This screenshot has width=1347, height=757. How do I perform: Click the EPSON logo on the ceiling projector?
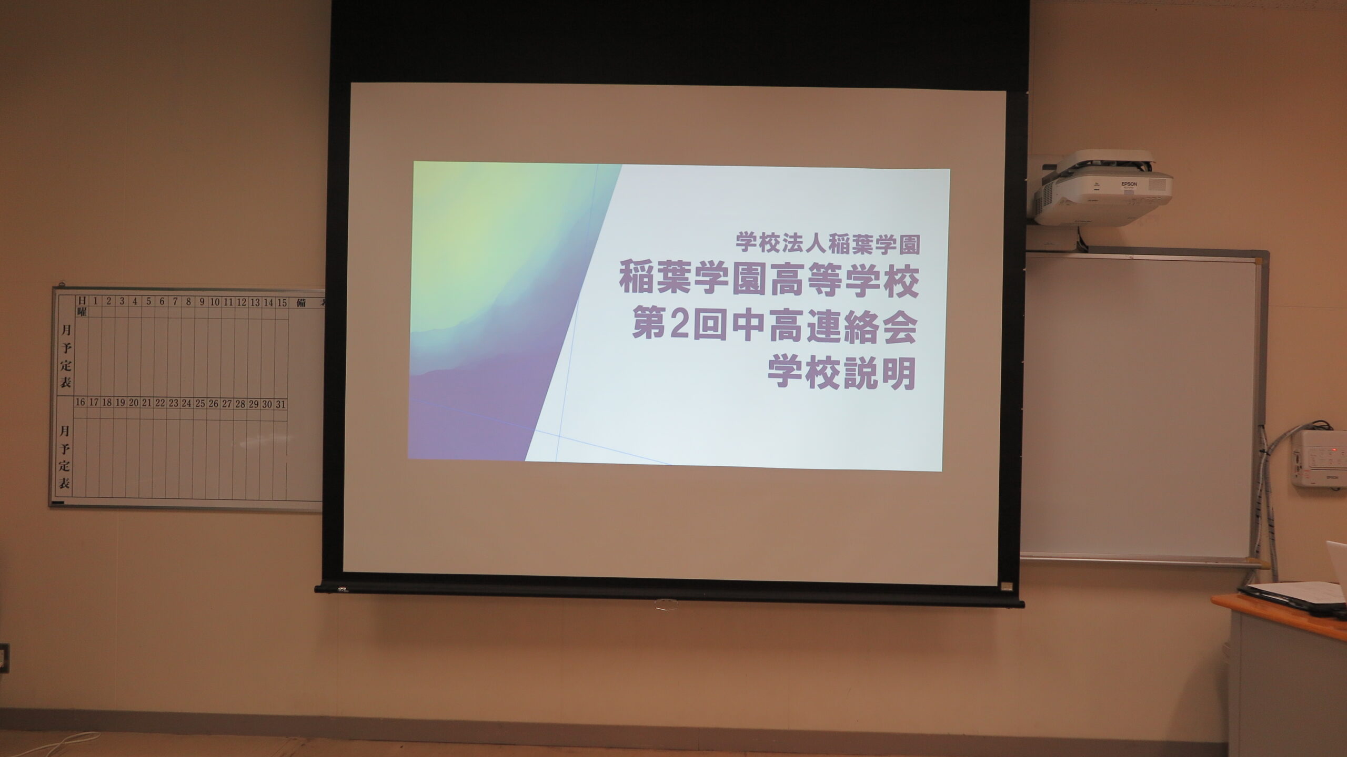click(x=1129, y=184)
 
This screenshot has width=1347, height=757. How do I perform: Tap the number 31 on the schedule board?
click(x=280, y=404)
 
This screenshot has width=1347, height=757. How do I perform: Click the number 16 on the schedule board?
click(x=80, y=403)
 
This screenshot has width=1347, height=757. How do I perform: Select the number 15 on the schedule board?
click(x=282, y=302)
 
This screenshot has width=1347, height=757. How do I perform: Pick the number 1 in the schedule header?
click(x=95, y=301)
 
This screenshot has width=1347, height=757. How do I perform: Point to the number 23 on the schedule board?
click(x=173, y=404)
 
